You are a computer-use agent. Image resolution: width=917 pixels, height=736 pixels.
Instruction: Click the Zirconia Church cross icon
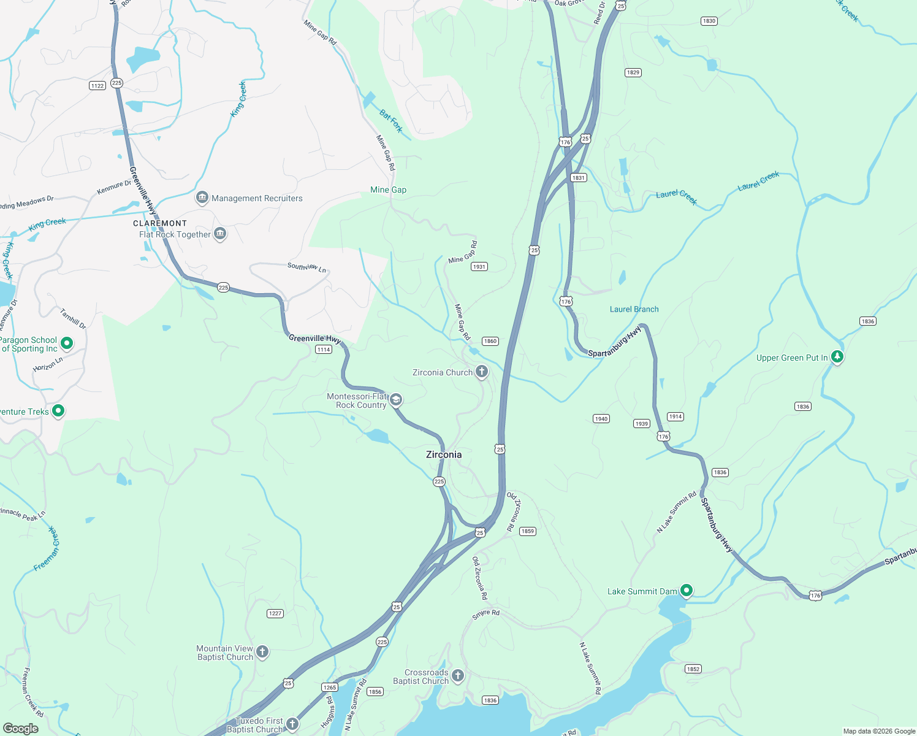click(x=482, y=371)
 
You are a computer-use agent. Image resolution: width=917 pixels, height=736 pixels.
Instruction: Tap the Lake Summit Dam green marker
click(x=687, y=591)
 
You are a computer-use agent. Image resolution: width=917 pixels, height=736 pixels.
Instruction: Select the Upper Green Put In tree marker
click(x=837, y=356)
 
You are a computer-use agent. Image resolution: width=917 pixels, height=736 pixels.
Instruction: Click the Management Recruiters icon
click(x=202, y=197)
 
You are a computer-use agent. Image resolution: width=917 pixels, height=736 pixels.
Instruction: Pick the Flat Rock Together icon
click(x=220, y=234)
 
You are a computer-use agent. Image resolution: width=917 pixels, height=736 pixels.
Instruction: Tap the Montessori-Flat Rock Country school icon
click(x=396, y=400)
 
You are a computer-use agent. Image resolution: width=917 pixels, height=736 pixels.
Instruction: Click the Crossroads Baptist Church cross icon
click(x=458, y=675)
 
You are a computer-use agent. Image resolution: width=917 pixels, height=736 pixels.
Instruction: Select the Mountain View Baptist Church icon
click(x=262, y=651)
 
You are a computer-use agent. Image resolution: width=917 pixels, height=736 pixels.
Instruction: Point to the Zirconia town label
click(x=444, y=454)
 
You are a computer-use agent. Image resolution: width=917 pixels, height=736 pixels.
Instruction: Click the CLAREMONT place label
click(x=160, y=223)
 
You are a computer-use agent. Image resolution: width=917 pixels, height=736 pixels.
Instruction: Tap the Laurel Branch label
click(x=634, y=309)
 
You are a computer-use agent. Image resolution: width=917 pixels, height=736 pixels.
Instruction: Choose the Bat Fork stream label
click(x=391, y=121)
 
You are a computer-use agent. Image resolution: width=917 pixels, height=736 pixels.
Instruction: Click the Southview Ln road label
click(x=307, y=267)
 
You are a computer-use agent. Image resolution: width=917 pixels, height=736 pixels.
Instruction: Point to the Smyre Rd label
click(x=486, y=614)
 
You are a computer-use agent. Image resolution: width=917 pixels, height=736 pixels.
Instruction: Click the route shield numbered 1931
click(x=479, y=266)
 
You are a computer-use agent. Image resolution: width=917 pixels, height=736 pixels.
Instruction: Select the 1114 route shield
click(x=324, y=350)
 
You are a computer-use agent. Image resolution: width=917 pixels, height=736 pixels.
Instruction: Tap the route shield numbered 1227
click(x=275, y=613)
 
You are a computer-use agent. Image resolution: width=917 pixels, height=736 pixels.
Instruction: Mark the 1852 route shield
click(x=693, y=669)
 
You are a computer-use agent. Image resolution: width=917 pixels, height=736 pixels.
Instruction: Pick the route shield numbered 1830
click(x=709, y=21)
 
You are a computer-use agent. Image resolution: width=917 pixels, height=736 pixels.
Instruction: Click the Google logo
click(x=21, y=729)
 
